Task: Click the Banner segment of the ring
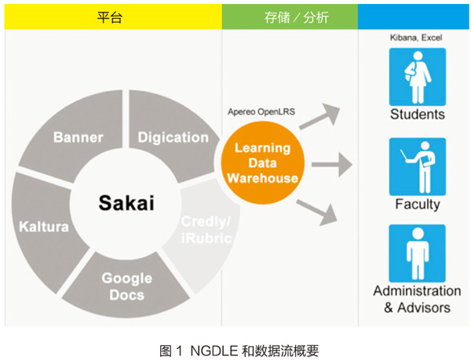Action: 78,137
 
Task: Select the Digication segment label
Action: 173,137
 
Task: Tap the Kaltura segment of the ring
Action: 44,227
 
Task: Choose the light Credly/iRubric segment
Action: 206,228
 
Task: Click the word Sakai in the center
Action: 126,203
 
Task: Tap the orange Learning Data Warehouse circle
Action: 262,162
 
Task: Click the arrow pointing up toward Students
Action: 321,116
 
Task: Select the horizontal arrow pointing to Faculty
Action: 330,165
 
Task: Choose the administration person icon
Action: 417,254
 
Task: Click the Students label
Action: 417,115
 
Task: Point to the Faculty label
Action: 417,204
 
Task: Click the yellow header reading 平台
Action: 110,16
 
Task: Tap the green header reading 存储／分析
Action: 290,16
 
